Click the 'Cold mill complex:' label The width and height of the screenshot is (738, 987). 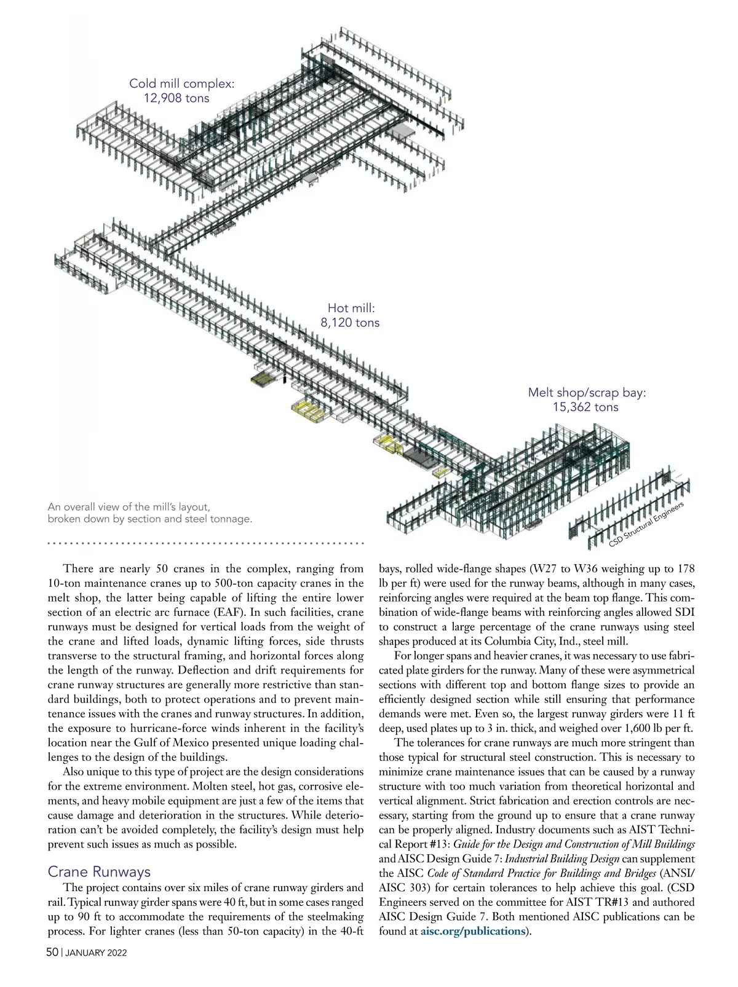point(181,84)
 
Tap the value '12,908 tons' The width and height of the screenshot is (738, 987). point(177,98)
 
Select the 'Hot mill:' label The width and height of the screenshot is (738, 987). point(351,308)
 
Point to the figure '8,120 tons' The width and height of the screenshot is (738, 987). point(351,323)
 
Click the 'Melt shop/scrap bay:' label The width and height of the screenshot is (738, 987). point(587,393)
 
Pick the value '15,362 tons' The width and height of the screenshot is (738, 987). point(585,407)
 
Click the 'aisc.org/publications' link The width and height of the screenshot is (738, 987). point(472,931)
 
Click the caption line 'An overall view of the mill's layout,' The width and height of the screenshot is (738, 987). point(129,507)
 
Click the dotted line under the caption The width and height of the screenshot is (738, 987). point(206,543)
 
